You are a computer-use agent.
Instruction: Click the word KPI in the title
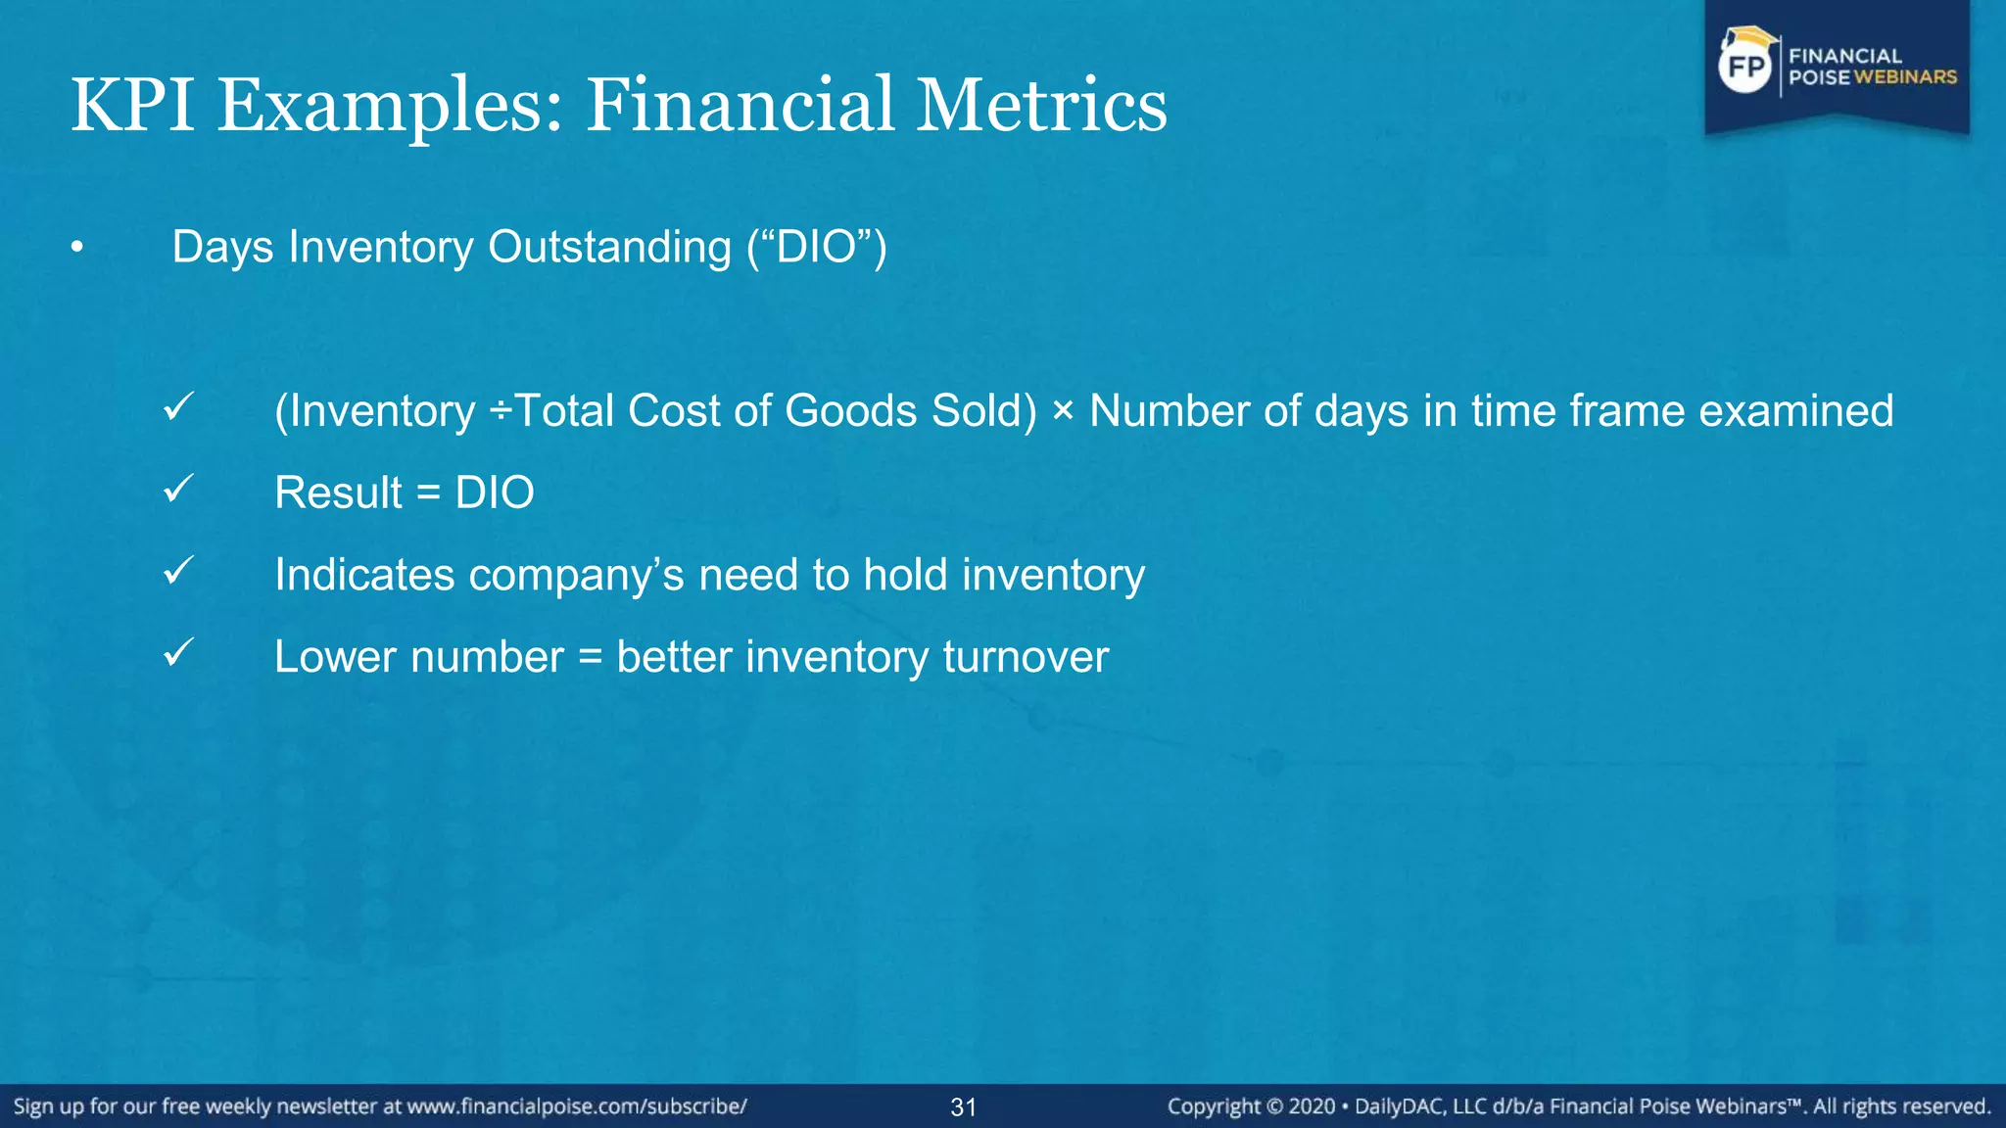tap(132, 106)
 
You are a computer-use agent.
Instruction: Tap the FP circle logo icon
tap(1746, 67)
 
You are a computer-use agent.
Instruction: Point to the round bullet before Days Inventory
tap(76, 249)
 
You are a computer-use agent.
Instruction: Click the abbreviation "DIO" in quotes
tap(817, 247)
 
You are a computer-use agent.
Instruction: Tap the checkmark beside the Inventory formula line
tap(179, 406)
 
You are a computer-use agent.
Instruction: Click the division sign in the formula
tap(500, 411)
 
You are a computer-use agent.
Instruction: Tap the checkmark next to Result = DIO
tap(179, 488)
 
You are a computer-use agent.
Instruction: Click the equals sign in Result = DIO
tap(428, 493)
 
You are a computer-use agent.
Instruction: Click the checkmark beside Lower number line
tap(179, 652)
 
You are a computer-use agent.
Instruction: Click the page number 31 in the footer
tap(963, 1107)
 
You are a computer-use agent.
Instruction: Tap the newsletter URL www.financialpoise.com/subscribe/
tap(577, 1106)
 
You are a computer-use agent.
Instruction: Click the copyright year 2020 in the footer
tap(1311, 1106)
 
